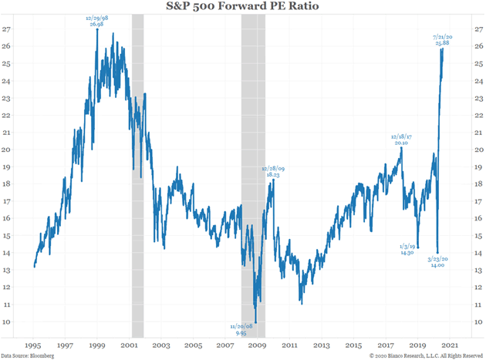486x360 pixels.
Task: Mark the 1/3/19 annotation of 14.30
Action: [407, 249]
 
